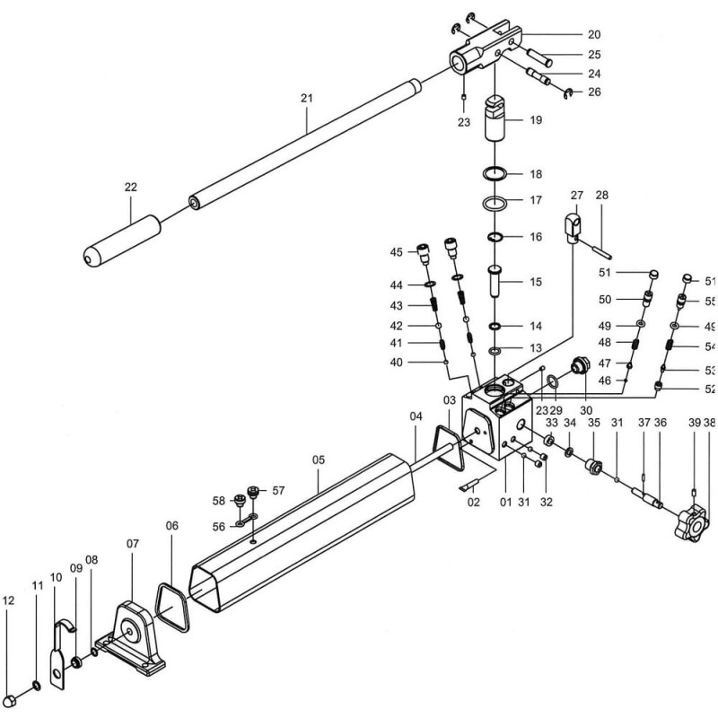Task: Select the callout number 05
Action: pyautogui.click(x=318, y=460)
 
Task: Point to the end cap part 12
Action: pyautogui.click(x=12, y=696)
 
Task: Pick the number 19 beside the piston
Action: pyautogui.click(x=536, y=119)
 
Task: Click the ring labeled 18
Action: pyautogui.click(x=493, y=173)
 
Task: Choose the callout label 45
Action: pyautogui.click(x=397, y=253)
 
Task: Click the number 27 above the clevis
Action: pyautogui.click(x=576, y=195)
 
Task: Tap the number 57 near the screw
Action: pyautogui.click(x=278, y=490)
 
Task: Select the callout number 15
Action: pyautogui.click(x=536, y=282)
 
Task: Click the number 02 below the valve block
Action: pyautogui.click(x=474, y=503)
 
